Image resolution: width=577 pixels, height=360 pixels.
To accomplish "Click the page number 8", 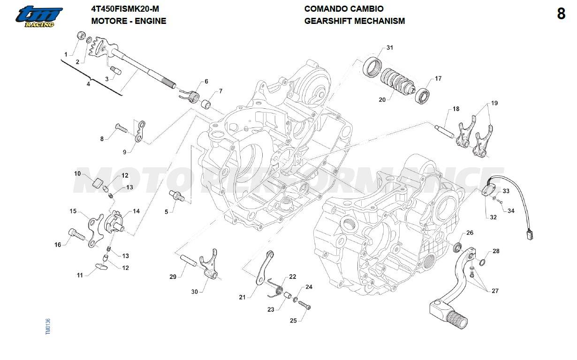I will (x=561, y=14).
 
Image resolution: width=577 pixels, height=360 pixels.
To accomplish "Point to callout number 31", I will (x=390, y=48).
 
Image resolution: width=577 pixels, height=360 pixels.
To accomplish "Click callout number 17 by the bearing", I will (x=438, y=79).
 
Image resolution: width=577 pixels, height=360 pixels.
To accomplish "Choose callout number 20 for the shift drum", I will (x=382, y=99).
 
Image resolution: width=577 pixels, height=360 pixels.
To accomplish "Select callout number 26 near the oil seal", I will (x=470, y=233).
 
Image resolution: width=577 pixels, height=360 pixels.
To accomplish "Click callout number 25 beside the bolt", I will (x=293, y=321).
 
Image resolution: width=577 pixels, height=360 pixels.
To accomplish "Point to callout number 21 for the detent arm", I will (x=242, y=297).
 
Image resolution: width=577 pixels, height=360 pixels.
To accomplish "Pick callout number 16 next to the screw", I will (x=58, y=245).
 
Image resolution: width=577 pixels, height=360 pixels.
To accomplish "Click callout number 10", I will (x=77, y=173).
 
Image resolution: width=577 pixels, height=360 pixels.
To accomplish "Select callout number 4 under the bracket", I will (x=88, y=84).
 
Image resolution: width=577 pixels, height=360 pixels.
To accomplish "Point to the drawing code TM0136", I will (x=48, y=326).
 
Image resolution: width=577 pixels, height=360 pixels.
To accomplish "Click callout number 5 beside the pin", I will (x=166, y=212).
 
